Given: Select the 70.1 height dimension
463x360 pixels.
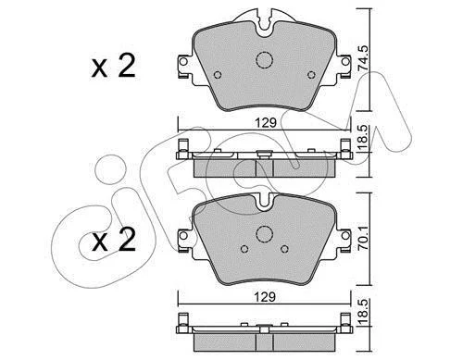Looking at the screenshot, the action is (x=363, y=238).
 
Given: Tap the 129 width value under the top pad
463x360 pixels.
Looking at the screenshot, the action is (x=266, y=123).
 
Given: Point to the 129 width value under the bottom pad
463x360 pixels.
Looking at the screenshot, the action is (x=265, y=297).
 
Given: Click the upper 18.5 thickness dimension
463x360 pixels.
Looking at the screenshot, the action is (x=363, y=139).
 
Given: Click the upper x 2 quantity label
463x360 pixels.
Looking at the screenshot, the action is (x=113, y=66).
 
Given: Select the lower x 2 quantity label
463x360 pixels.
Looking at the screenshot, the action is (x=113, y=240).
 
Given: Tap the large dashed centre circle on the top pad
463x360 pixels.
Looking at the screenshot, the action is (x=265, y=59).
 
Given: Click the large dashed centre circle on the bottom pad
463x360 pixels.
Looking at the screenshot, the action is (x=265, y=234).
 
